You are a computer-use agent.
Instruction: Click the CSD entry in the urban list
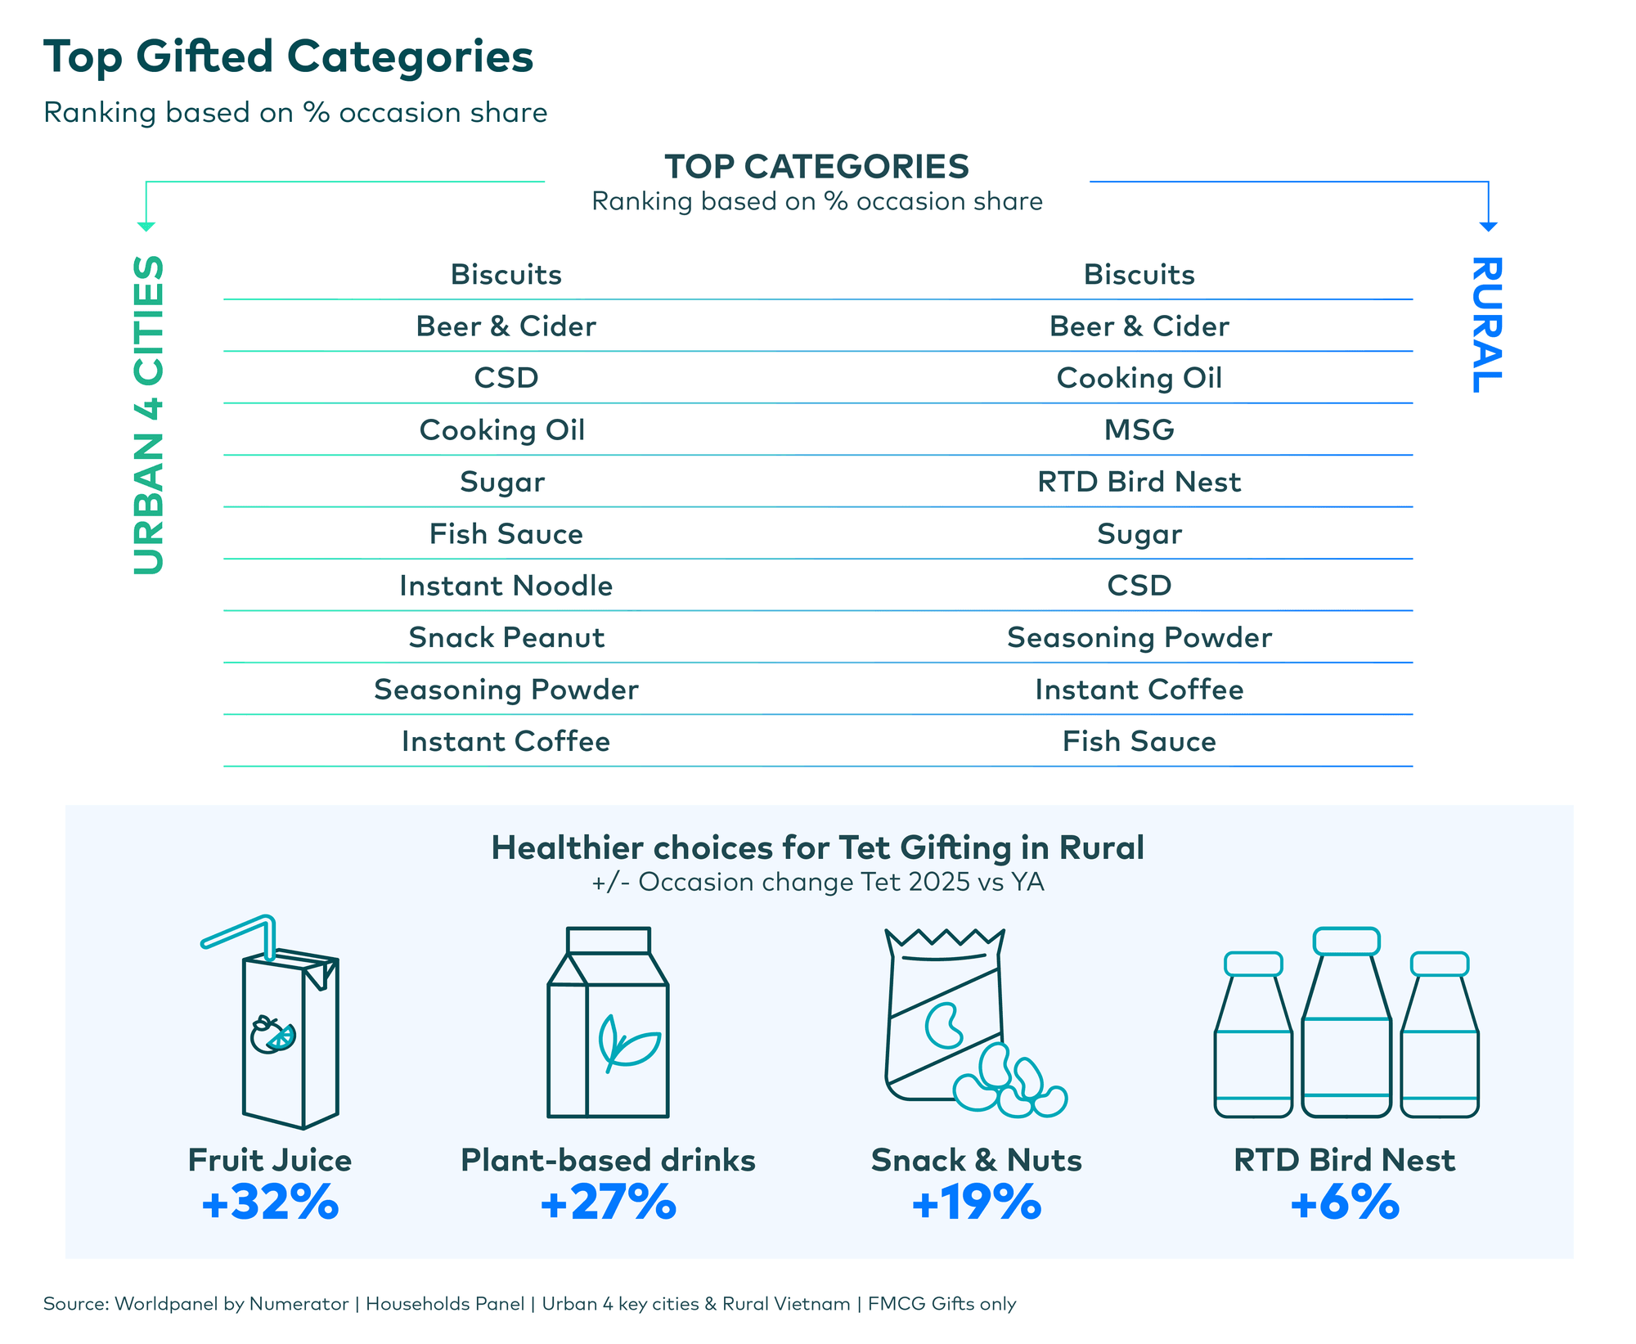click(x=506, y=378)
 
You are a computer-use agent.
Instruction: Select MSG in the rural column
click(x=1139, y=429)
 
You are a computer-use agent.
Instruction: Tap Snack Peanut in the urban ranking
click(x=506, y=637)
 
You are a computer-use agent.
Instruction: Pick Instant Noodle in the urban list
click(x=506, y=586)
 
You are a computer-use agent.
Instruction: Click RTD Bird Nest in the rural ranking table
click(x=1139, y=482)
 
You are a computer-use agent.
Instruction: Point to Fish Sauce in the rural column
click(x=1139, y=741)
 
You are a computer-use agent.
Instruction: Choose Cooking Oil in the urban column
click(x=501, y=429)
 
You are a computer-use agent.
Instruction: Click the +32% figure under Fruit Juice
click(x=270, y=1202)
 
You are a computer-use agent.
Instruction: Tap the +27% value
click(x=608, y=1202)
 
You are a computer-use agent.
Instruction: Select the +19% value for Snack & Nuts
click(x=976, y=1202)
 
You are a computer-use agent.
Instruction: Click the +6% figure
click(x=1344, y=1202)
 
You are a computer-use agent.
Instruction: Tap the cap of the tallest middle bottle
click(x=1346, y=941)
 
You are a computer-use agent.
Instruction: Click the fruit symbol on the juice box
click(x=272, y=1035)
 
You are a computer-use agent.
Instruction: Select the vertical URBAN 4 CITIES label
click(x=149, y=415)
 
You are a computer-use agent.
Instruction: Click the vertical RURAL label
click(x=1486, y=325)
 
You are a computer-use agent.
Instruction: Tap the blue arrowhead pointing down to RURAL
click(x=1488, y=227)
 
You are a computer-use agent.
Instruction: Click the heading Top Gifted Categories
click(x=288, y=57)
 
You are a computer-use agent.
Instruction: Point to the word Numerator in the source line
click(x=299, y=1303)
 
